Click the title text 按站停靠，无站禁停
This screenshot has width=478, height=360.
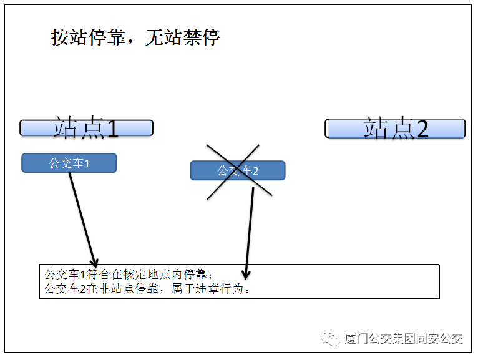tap(135, 37)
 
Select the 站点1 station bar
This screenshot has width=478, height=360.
tap(86, 128)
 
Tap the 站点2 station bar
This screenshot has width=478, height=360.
tap(395, 129)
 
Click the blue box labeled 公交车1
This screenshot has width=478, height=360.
tap(69, 163)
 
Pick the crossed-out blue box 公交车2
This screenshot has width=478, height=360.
tap(237, 170)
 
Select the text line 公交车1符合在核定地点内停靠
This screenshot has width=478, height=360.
tap(128, 275)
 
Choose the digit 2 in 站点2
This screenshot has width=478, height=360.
tap(422, 129)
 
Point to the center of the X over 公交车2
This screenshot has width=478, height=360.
tap(238, 170)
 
